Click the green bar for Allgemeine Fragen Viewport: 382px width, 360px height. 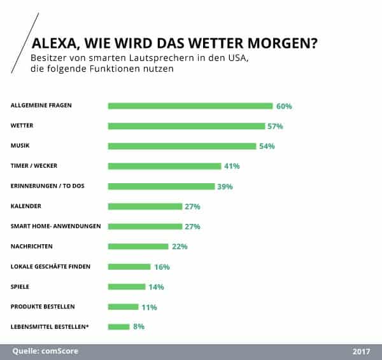(190, 106)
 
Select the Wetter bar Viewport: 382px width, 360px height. (187, 126)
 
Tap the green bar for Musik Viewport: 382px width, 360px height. (182, 146)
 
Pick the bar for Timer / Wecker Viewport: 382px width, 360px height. (165, 166)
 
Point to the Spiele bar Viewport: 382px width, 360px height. (127, 287)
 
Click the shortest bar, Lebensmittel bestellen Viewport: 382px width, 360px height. (119, 327)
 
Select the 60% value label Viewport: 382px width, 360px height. (283, 106)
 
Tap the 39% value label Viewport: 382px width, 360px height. (225, 186)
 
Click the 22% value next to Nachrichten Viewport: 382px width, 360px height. (179, 247)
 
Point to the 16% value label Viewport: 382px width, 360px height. (162, 267)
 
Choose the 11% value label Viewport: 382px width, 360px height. (149, 307)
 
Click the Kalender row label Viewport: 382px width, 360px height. (27, 206)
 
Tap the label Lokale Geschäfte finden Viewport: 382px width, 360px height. (50, 267)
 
